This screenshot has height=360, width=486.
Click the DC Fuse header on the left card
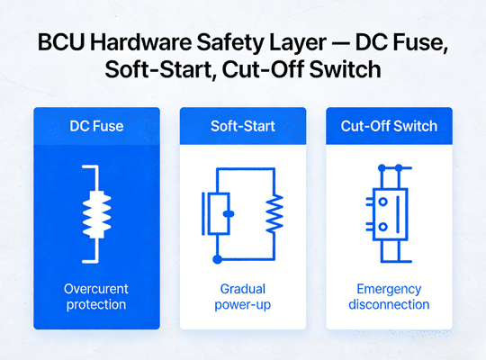click(x=96, y=126)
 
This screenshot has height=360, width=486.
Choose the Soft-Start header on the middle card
click(x=242, y=126)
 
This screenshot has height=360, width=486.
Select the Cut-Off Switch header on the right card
click(x=389, y=126)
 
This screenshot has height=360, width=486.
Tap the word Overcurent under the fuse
click(x=96, y=289)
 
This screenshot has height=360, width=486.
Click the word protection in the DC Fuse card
click(x=96, y=305)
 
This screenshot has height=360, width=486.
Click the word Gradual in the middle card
click(x=242, y=289)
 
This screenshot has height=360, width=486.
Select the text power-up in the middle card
click(x=242, y=305)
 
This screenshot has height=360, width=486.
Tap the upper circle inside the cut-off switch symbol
click(x=382, y=202)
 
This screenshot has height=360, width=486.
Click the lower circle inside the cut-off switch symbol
click(x=382, y=227)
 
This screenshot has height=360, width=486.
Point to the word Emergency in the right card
click(x=389, y=289)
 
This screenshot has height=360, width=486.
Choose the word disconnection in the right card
click(x=389, y=305)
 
